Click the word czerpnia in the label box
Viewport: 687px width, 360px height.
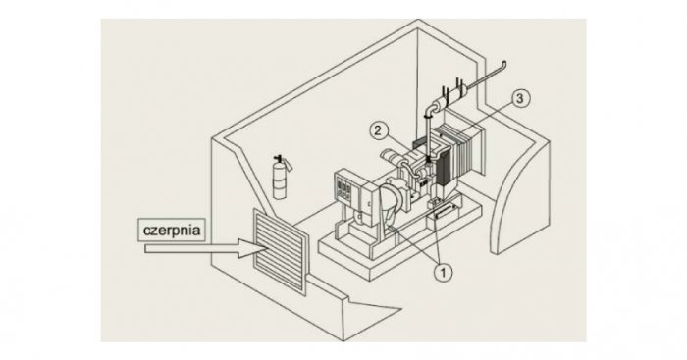pos(172,230)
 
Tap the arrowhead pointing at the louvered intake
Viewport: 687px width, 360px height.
pos(253,248)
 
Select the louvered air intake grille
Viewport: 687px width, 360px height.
pos(280,250)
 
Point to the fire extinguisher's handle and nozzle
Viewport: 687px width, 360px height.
pos(283,161)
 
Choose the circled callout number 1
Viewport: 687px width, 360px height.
pos(443,273)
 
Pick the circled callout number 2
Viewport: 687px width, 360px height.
pos(379,130)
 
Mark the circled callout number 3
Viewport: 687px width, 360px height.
pos(519,98)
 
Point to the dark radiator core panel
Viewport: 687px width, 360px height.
pos(447,167)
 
